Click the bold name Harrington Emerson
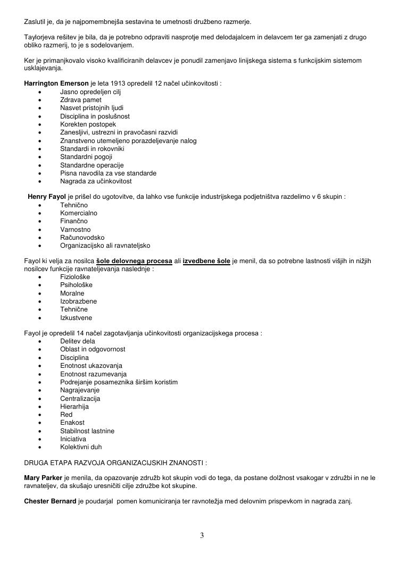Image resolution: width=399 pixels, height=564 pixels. pos(56,83)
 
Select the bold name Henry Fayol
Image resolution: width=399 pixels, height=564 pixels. pos(47,197)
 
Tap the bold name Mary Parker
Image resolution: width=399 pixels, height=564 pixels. pos(43,478)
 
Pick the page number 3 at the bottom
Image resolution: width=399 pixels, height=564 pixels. pos(202,535)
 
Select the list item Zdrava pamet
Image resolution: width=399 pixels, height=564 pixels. pos(81,100)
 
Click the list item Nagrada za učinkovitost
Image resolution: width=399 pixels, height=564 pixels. pos(96,181)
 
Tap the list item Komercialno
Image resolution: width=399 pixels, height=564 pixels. pos(79,213)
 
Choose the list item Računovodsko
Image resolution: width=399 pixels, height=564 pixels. pos(82,238)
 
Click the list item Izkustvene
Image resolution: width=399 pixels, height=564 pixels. pos(76,318)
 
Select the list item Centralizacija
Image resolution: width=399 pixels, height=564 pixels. pos(80,399)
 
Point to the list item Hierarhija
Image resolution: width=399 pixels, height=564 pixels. pos(74,407)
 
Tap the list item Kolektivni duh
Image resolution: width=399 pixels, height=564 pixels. pos(81,447)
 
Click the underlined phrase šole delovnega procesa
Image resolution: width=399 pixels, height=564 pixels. pos(134,261)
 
